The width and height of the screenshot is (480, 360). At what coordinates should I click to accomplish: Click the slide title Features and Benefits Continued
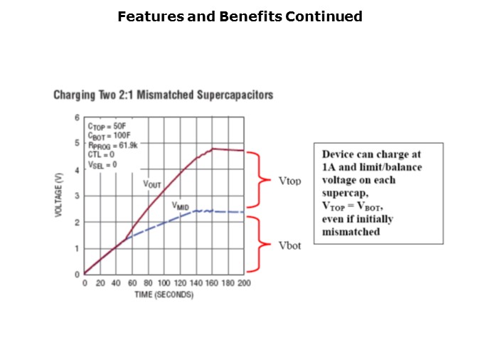coord(240,16)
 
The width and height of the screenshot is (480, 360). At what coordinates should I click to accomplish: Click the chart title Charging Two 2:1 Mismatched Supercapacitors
coord(164,95)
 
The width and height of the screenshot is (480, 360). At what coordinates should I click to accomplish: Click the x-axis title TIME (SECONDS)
coord(164,295)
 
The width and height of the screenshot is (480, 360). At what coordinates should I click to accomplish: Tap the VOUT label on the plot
coord(152,184)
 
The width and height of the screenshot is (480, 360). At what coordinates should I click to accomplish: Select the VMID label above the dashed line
coord(181,206)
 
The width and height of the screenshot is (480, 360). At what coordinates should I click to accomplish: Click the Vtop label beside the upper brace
coord(289,181)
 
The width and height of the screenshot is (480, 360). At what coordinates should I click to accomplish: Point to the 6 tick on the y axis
coord(77,117)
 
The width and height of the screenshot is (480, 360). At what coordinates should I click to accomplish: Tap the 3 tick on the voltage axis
coord(77,196)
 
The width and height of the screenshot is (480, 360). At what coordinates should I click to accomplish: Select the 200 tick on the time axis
coord(244,283)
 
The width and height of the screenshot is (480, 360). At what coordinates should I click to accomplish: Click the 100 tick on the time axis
coord(164,283)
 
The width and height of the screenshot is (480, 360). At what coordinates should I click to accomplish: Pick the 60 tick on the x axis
coord(132,283)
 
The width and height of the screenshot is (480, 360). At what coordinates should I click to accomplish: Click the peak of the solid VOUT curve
coord(213,149)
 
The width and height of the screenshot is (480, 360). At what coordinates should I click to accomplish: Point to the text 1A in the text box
coord(330,166)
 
